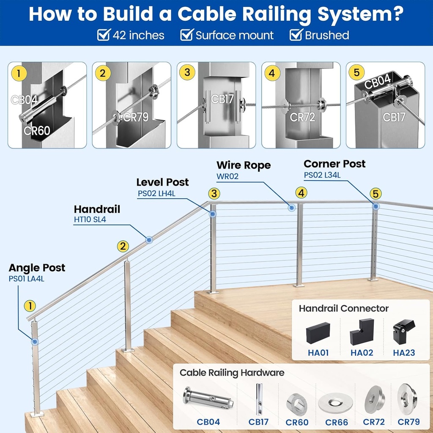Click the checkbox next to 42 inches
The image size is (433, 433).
click(x=104, y=35)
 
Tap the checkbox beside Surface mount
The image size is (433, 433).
click(x=187, y=35)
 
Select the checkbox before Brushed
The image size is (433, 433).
click(x=296, y=35)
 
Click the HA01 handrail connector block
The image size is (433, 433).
click(x=318, y=332)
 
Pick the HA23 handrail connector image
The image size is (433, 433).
click(x=404, y=332)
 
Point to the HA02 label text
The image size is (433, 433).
click(x=362, y=352)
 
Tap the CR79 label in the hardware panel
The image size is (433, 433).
click(x=408, y=422)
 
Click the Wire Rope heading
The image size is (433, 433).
click(x=243, y=165)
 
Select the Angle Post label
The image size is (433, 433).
click(x=37, y=268)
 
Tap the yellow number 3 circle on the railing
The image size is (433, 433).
click(x=214, y=194)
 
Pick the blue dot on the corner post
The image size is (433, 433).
click(x=376, y=206)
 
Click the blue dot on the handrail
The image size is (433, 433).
click(x=149, y=240)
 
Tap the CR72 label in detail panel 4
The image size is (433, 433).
click(x=303, y=117)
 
